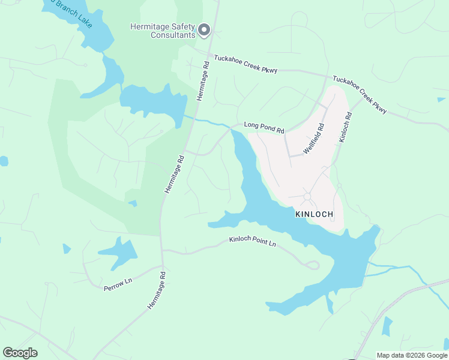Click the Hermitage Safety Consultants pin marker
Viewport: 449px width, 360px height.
pos(204,29)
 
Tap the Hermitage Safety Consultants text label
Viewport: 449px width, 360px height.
pos(163,31)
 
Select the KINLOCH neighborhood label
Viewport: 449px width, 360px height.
pos(313,214)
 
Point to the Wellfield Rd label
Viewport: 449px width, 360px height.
pos(313,139)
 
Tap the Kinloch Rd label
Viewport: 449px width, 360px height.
pos(344,127)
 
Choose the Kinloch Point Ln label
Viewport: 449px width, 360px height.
pos(252,242)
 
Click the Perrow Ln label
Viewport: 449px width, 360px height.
pos(118,283)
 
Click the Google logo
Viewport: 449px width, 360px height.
pos(20,353)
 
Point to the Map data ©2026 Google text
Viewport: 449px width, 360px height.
pos(412,355)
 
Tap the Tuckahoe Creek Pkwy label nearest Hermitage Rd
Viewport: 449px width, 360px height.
pos(246,65)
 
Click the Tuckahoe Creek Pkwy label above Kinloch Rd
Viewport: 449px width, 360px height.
pos(360,95)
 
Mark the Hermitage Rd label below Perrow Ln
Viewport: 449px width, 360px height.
pos(156,290)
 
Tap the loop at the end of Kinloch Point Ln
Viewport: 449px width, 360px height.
pos(312,265)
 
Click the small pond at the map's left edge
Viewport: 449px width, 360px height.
pos(3,161)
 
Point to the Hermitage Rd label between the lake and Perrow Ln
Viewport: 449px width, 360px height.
pos(174,175)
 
